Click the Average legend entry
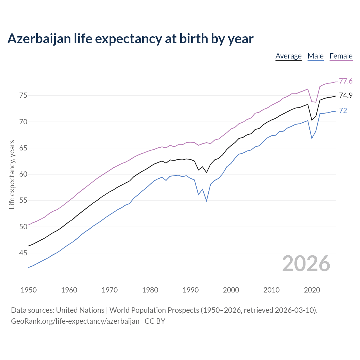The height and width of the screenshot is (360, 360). point(288,56)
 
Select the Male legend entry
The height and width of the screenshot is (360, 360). point(316,56)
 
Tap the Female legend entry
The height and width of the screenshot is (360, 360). point(341,56)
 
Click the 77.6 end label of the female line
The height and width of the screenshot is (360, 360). point(346,81)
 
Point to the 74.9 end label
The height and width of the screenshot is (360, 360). point(346,96)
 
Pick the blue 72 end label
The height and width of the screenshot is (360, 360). point(343,111)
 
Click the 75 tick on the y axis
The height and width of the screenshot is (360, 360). point(23,96)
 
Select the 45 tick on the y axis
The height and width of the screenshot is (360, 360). point(23,253)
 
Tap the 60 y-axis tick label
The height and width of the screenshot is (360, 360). point(23,174)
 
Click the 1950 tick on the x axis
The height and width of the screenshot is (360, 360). point(29,290)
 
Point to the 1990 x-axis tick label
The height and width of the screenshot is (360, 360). point(190,290)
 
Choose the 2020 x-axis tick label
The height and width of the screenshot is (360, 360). point(312,290)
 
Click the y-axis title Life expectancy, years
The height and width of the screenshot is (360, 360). point(12,174)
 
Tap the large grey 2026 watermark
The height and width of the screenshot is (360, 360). point(306,264)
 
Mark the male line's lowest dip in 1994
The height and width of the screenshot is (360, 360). point(207,201)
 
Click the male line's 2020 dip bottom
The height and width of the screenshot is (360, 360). point(312,138)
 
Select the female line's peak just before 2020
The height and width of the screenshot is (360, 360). point(308,89)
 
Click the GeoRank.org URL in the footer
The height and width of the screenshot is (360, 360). point(75,321)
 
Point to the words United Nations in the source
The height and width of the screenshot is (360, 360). point(80,310)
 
